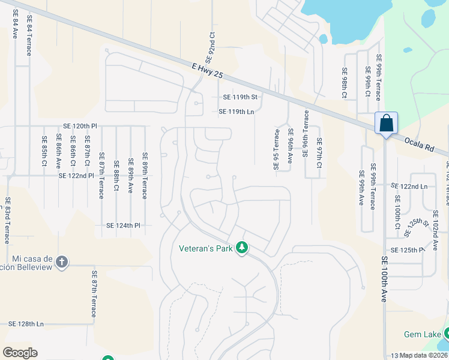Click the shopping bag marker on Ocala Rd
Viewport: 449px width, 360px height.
click(x=386, y=124)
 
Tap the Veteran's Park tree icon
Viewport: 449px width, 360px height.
click(x=242, y=248)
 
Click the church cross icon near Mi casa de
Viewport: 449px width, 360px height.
click(x=62, y=262)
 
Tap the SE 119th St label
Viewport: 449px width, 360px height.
click(x=240, y=97)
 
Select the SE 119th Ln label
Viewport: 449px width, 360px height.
click(x=237, y=112)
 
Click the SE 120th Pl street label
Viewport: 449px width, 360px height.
click(x=80, y=127)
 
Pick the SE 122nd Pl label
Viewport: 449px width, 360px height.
click(x=76, y=176)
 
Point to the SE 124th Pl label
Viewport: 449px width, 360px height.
click(x=123, y=226)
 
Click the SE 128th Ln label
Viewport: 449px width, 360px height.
click(x=26, y=324)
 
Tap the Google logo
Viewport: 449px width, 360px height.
click(x=20, y=353)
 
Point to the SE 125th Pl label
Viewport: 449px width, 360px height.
click(x=407, y=250)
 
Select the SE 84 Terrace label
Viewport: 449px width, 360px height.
click(x=28, y=37)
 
